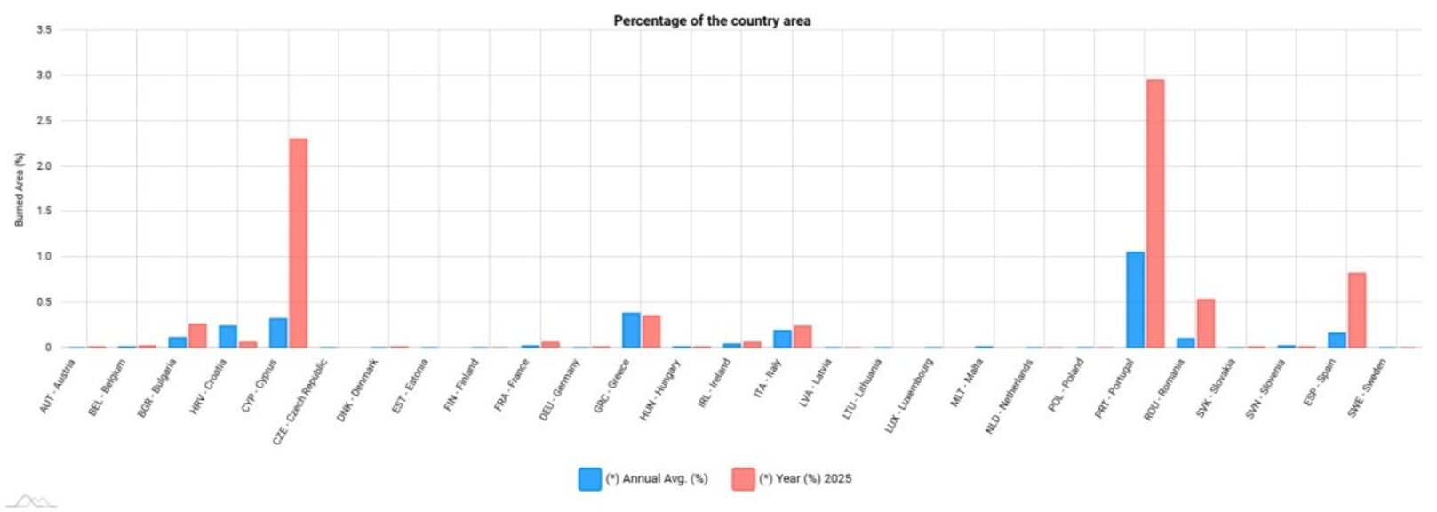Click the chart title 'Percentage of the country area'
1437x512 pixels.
coord(712,20)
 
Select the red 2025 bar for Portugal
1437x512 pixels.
coord(1155,213)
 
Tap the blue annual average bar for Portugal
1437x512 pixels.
coord(1135,300)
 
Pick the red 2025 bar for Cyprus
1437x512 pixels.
coord(299,243)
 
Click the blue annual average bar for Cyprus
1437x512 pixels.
coord(278,332)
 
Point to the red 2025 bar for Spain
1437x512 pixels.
coord(1357,310)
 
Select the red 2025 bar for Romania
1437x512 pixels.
coord(1206,324)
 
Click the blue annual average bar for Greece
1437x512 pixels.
coord(631,330)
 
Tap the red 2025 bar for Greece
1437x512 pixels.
coord(651,332)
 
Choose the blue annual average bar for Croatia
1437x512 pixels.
coord(228,336)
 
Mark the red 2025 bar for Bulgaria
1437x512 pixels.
coord(197,335)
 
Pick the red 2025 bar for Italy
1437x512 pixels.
coord(802,336)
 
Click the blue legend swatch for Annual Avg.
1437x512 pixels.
coord(590,479)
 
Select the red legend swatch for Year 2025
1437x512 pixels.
coord(743,479)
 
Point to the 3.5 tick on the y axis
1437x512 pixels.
coord(44,30)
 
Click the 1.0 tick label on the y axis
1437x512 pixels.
coord(44,257)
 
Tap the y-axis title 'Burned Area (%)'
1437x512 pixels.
coord(20,189)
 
